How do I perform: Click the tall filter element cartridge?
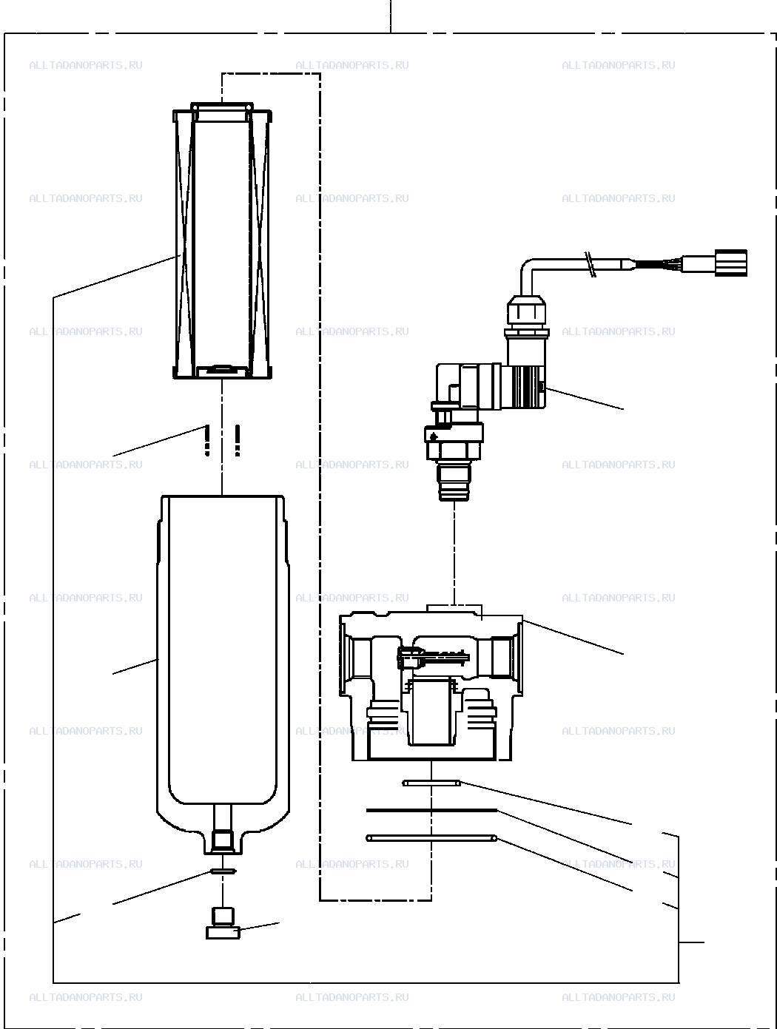(x=222, y=240)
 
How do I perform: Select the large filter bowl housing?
(x=223, y=675)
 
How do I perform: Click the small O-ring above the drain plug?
(x=223, y=871)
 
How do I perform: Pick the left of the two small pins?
(x=206, y=440)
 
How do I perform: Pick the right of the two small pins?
(x=238, y=440)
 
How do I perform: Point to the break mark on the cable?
(x=590, y=265)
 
